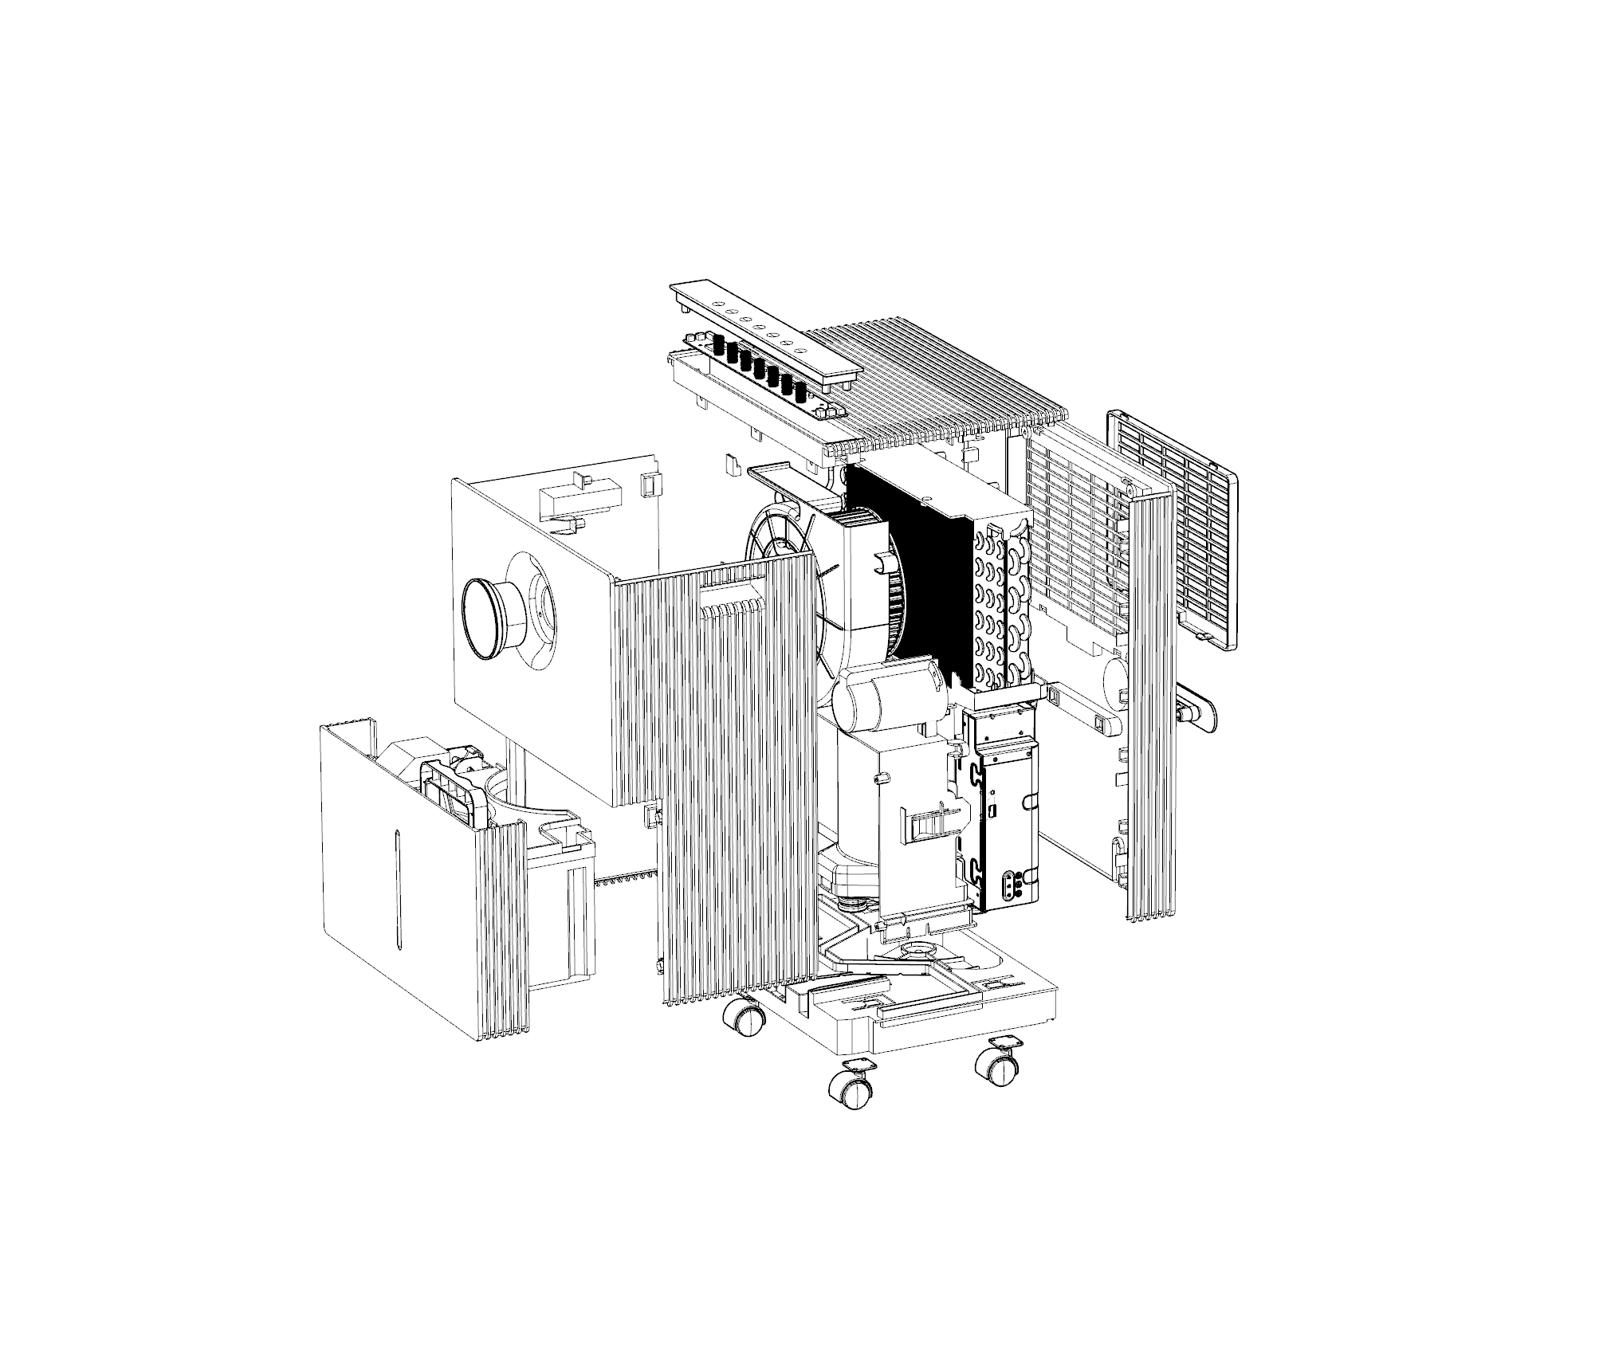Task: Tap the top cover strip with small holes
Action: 765,334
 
